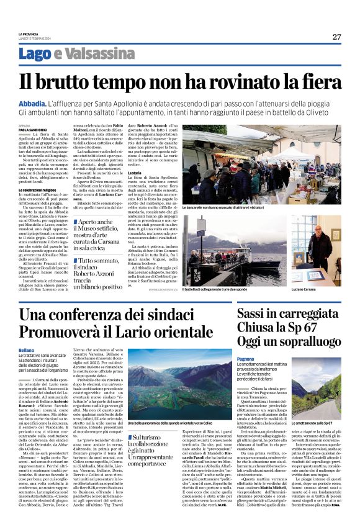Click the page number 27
tap(336, 37)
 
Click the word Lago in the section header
tap(52, 53)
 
